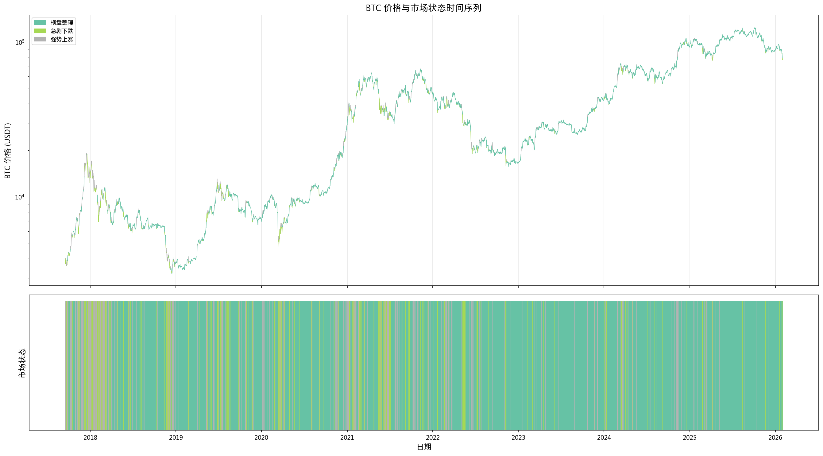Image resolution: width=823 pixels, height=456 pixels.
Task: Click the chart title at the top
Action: click(423, 8)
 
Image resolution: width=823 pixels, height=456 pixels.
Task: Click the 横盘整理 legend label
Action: click(62, 23)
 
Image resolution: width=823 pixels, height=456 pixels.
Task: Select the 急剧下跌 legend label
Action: click(62, 31)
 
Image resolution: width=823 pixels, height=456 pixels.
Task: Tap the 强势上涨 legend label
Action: click(62, 39)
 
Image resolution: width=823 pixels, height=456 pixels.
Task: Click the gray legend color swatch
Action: click(40, 39)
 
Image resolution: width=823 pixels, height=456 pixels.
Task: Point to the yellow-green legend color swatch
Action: click(40, 31)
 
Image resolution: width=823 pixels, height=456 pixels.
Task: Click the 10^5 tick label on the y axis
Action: click(20, 42)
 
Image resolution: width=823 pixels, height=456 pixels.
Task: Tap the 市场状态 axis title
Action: click(22, 363)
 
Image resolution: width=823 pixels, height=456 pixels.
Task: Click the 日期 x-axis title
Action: click(424, 447)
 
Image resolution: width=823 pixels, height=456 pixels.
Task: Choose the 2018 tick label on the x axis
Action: click(90, 438)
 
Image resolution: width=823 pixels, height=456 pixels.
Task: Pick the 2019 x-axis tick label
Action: click(176, 438)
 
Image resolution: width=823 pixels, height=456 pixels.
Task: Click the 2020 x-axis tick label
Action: click(261, 438)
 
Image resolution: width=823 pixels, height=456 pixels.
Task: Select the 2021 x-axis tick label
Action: click(347, 438)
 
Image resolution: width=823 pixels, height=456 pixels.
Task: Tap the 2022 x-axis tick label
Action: click(433, 438)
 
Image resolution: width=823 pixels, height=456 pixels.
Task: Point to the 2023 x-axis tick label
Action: click(518, 438)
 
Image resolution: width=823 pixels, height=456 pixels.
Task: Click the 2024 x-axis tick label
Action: click(604, 438)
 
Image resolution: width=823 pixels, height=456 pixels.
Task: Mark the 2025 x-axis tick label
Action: click(690, 438)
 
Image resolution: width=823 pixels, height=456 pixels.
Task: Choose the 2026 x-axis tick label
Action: click(775, 438)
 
